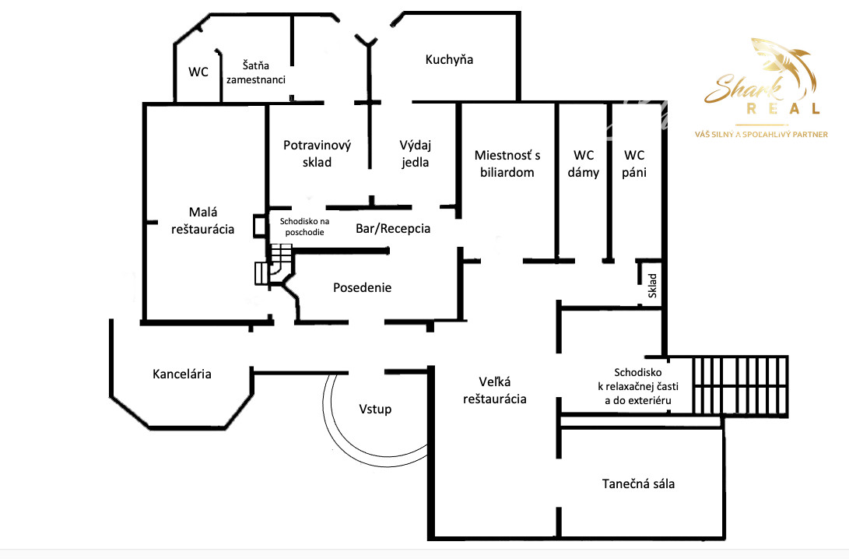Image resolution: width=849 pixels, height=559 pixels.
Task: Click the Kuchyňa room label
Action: tap(449, 60)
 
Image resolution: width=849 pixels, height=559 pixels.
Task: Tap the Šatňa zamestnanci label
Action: tap(255, 72)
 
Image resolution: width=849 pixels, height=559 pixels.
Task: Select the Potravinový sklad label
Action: tap(317, 153)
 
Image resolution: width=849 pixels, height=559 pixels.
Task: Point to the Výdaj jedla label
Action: tap(415, 153)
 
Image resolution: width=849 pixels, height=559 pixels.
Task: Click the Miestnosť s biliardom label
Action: tap(507, 163)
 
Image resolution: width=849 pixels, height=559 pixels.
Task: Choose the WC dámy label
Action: tap(583, 163)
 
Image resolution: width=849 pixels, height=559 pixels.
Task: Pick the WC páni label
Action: tap(634, 163)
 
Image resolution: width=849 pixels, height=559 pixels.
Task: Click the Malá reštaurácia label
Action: tap(202, 220)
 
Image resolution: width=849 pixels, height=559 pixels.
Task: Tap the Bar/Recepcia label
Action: tap(392, 229)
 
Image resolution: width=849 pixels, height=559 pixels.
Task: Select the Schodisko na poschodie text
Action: tap(304, 227)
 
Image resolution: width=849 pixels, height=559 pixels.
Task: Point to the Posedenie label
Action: tap(362, 287)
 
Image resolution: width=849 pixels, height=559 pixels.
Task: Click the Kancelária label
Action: tap(181, 374)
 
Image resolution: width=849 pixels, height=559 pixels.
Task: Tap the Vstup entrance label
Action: tap(375, 409)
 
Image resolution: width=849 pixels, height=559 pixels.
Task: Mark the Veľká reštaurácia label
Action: tap(494, 391)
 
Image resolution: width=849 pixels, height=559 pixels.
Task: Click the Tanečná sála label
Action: tap(638, 483)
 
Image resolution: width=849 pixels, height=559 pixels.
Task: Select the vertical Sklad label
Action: tap(652, 286)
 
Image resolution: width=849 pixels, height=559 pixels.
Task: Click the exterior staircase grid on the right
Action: tap(740, 385)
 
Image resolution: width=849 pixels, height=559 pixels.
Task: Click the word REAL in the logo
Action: tap(784, 109)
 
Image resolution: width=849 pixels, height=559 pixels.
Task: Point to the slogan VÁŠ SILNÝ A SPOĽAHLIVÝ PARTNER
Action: tap(761, 135)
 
